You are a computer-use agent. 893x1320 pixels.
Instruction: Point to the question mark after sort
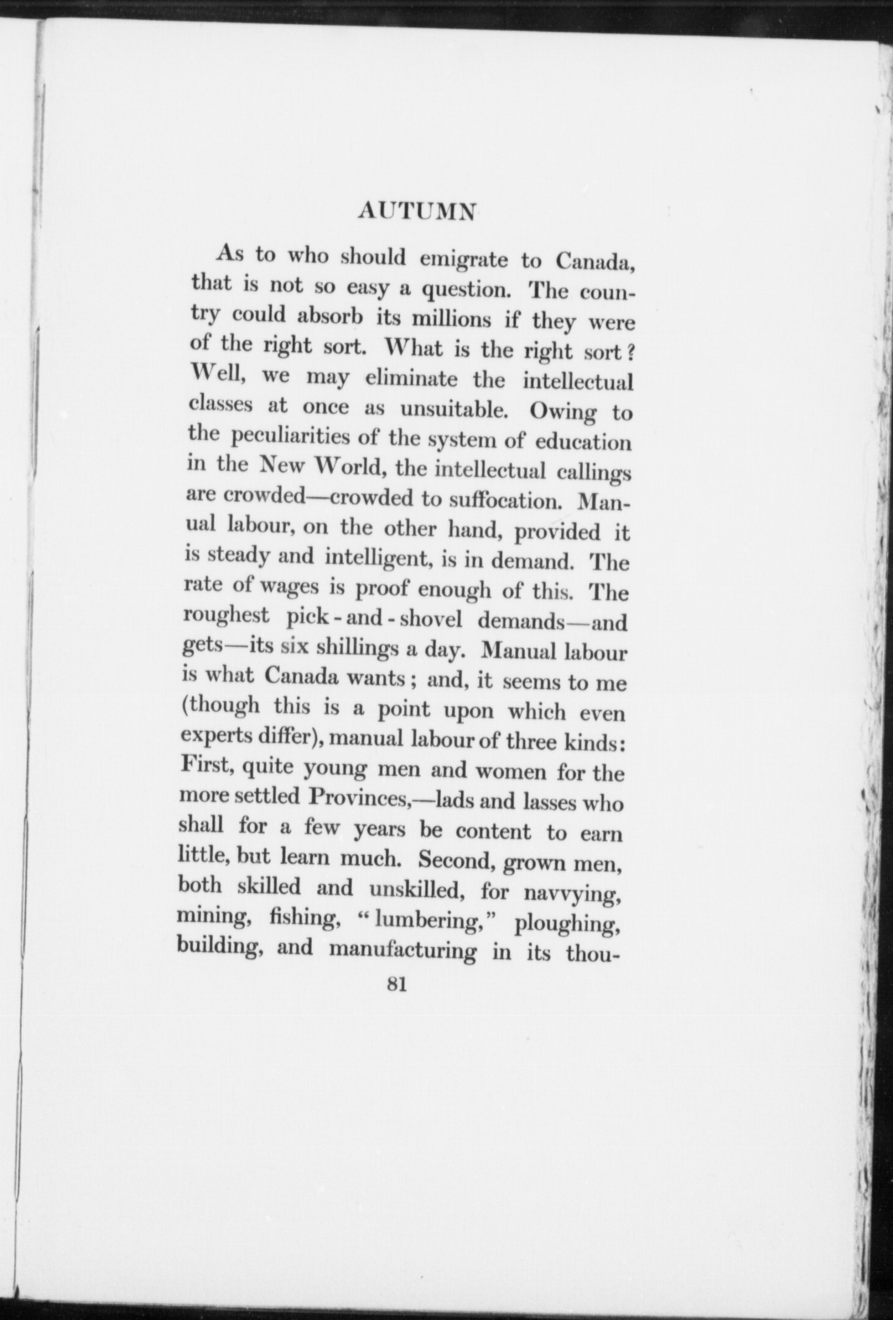point(631,352)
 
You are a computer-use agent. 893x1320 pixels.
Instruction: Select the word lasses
point(544,802)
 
